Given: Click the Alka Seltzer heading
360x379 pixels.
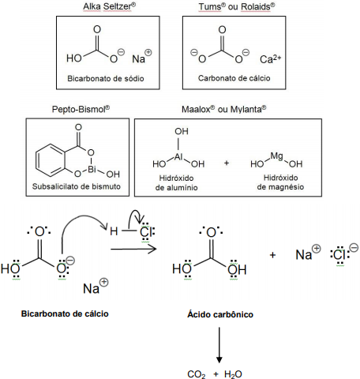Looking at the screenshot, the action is click(x=109, y=6).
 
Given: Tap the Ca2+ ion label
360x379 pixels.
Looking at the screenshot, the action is click(x=270, y=59).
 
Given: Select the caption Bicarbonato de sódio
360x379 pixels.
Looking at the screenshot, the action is click(x=106, y=78).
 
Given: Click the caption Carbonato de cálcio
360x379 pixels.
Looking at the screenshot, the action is click(x=234, y=78).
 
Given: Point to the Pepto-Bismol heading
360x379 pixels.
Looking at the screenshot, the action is click(x=81, y=109).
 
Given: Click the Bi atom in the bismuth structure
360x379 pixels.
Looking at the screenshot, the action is click(x=92, y=169).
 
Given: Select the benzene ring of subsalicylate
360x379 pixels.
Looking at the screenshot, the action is click(x=50, y=160).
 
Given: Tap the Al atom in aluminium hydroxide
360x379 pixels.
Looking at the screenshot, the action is click(x=178, y=157).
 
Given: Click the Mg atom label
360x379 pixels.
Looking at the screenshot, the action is click(x=276, y=156).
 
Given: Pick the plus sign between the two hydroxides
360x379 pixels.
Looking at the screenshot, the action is click(x=227, y=163).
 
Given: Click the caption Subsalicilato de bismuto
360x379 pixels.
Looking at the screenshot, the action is click(x=77, y=186).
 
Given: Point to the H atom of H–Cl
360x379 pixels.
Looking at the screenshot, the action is click(x=114, y=231).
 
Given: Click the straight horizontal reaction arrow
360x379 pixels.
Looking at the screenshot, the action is click(x=133, y=249).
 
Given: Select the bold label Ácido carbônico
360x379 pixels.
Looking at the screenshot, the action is click(x=220, y=314).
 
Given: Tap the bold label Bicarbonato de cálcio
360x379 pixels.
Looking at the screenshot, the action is click(x=65, y=313).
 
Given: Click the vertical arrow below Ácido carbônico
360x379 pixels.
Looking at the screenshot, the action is click(x=219, y=345).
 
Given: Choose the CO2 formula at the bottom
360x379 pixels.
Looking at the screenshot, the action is click(x=197, y=374).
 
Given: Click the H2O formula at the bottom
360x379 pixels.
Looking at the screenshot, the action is click(x=233, y=374).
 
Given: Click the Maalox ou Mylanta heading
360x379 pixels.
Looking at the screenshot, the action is click(x=223, y=109).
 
